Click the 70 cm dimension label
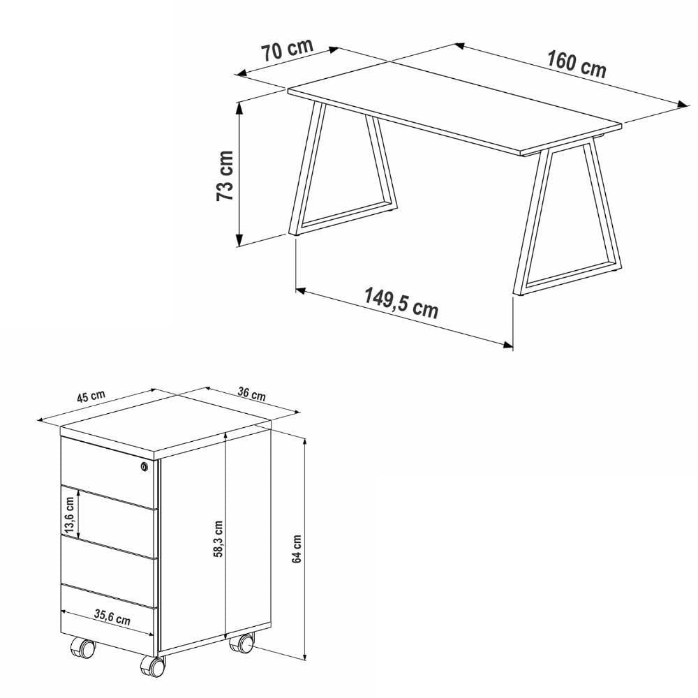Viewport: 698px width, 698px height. click(287, 50)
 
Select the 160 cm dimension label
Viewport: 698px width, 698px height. click(576, 64)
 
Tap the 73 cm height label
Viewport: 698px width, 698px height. click(225, 175)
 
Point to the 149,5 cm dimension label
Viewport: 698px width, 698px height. click(401, 303)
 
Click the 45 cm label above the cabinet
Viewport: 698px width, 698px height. click(91, 396)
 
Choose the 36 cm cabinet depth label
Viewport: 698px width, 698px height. click(251, 394)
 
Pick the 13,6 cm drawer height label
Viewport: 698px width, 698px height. click(69, 515)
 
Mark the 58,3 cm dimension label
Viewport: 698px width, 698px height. click(218, 539)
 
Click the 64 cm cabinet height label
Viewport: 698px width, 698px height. click(297, 549)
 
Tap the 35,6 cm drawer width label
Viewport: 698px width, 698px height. click(112, 618)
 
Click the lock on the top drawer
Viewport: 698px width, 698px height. click(144, 466)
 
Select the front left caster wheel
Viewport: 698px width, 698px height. click(83, 648)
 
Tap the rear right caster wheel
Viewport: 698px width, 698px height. click(242, 643)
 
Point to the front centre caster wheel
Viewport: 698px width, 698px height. click(153, 666)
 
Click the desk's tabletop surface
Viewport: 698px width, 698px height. click(454, 107)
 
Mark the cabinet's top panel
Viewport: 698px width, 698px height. click(165, 426)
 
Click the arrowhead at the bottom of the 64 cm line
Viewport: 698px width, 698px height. click(305, 656)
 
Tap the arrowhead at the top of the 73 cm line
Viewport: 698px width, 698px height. click(239, 107)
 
